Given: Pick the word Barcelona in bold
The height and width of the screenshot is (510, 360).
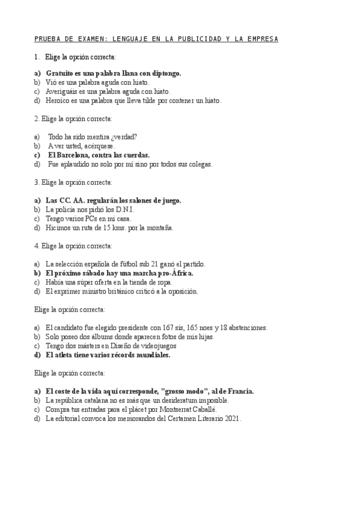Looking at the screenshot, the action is click(x=77, y=155).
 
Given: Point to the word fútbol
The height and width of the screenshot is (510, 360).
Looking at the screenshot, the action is click(x=128, y=264).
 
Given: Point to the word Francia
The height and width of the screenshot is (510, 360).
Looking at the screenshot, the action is click(x=239, y=391).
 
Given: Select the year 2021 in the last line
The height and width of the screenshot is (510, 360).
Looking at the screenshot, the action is click(x=231, y=419).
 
